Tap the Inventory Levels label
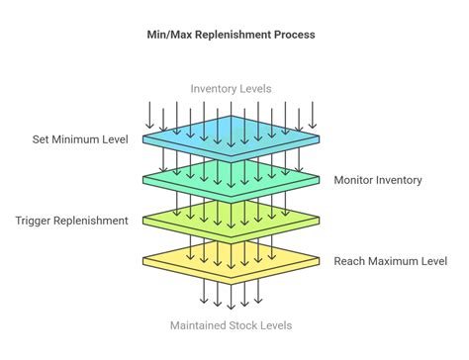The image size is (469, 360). pos(231,88)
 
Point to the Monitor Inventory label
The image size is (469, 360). pos(377,179)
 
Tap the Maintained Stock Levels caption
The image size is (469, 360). pos(231,325)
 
